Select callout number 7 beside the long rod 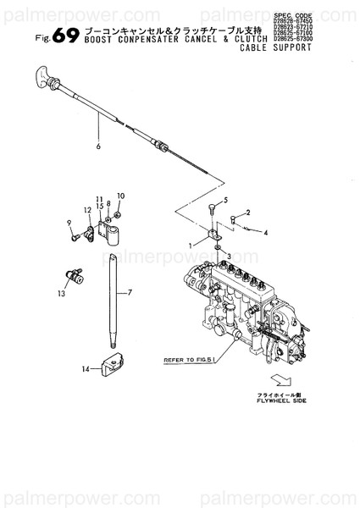[130, 293]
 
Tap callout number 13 [61, 294]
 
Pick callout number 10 [121, 196]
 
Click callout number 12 [86, 209]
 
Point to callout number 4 [265, 231]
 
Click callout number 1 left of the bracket [191, 245]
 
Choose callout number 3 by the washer [230, 256]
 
